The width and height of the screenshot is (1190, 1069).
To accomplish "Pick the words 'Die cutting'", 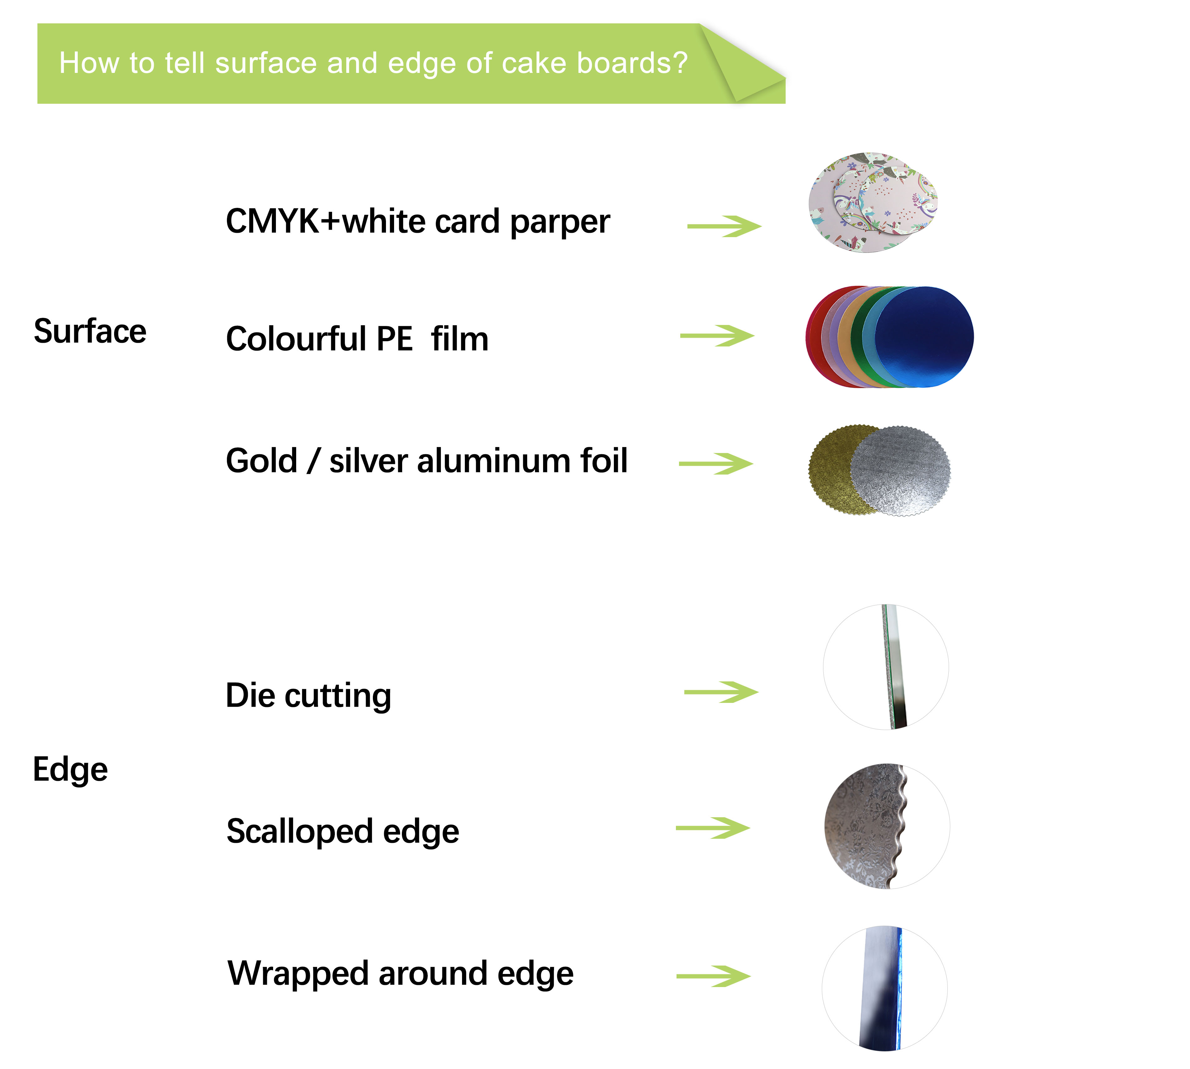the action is click(309, 696).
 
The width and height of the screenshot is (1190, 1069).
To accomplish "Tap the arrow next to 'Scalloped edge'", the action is click(713, 828).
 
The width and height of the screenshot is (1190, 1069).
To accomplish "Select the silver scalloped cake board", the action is click(900, 471).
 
